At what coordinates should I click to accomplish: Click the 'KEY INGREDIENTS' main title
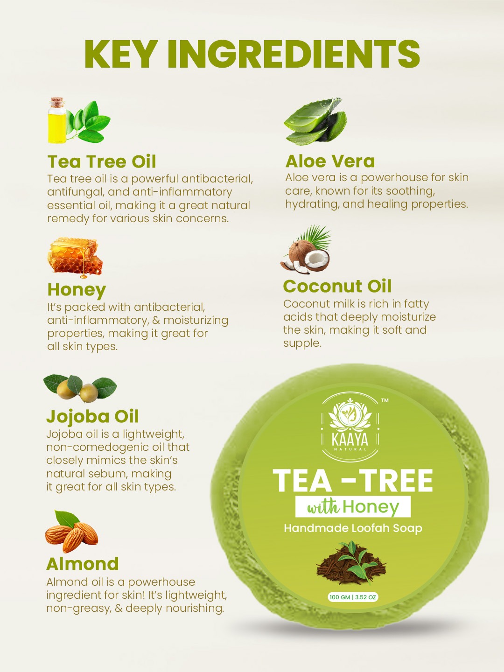pos(252,54)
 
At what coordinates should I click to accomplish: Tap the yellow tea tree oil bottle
pos(57,122)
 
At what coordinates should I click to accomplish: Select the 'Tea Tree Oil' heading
pos(102,161)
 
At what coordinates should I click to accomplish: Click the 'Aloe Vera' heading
pos(330,161)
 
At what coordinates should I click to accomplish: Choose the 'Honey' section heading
pos(77,289)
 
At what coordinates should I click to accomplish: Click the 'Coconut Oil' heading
pos(337,286)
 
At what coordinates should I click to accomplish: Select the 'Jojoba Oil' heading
pos(92,416)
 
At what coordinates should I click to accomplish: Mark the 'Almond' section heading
pos(82,564)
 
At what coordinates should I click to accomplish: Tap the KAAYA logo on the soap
pos(350,425)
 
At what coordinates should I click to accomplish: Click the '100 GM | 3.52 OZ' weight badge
pos(353,597)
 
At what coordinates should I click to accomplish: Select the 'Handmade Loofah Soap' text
pos(353,528)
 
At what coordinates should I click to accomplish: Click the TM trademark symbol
pos(385,400)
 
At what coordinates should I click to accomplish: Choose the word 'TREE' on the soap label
pos(397,481)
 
